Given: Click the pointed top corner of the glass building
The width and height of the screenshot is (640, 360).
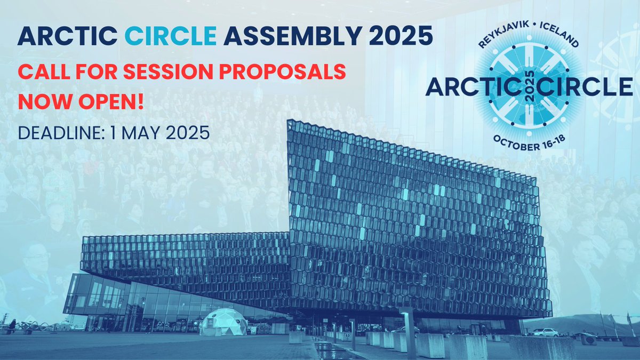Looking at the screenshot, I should (289, 121).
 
